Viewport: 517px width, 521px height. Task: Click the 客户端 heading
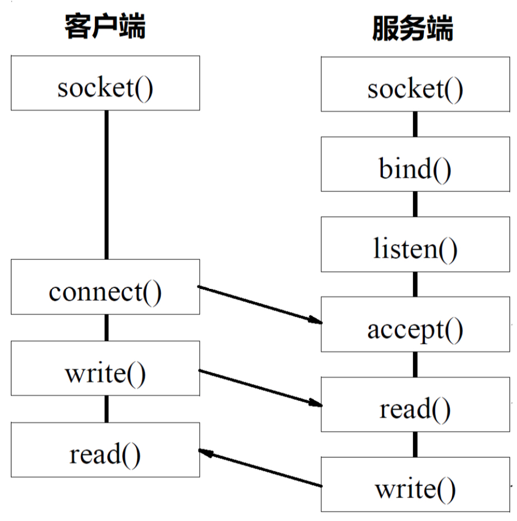105,26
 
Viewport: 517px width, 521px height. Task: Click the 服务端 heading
413,28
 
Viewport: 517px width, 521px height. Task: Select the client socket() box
105,83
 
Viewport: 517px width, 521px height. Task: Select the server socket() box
415,84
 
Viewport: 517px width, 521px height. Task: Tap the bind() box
415,164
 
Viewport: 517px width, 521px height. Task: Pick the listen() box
415,244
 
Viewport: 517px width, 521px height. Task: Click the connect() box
105,287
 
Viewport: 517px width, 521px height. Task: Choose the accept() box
415,324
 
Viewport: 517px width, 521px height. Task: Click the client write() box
105,368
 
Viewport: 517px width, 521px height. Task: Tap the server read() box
415,404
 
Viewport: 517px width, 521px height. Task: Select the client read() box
105,450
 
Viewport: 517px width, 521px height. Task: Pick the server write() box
415,484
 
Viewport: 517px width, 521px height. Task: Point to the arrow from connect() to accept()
260,304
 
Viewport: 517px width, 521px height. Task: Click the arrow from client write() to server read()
260,388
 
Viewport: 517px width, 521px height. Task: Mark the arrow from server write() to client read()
260,468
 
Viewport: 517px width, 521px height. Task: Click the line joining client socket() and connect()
106,185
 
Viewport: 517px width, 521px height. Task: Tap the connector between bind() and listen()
415,204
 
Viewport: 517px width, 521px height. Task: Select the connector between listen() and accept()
415,284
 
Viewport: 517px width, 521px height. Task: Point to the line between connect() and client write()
106,328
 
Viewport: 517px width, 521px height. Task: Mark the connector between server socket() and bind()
415,124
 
